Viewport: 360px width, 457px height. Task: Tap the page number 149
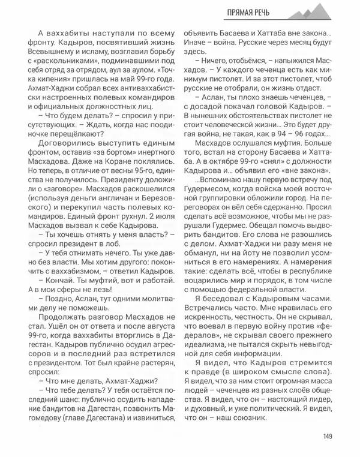328,436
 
